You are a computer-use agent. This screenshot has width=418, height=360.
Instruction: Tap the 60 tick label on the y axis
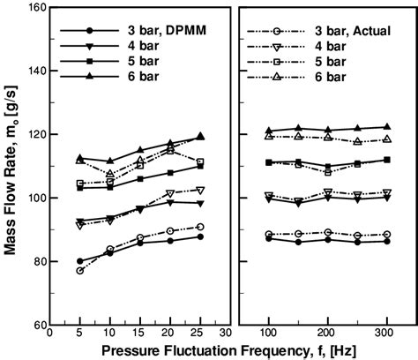(x=38, y=325)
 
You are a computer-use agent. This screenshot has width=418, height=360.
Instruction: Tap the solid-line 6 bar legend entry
(x=153, y=78)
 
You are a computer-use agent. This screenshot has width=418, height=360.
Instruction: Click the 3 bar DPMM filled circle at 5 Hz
(x=80, y=261)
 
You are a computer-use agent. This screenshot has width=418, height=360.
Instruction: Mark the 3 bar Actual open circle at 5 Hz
(x=80, y=270)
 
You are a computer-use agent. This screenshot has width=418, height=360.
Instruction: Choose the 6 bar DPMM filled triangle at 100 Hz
(x=268, y=131)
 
